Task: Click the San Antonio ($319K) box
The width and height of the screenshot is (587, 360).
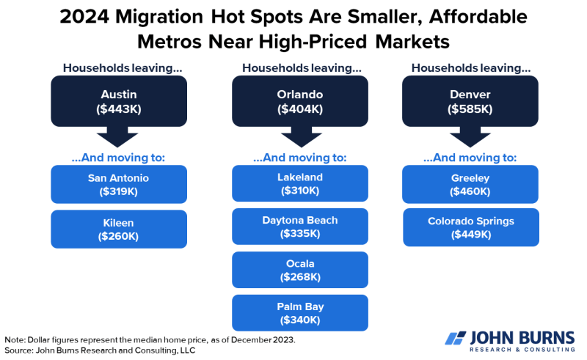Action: pyautogui.click(x=118, y=185)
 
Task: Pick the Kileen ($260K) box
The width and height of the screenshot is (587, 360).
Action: pyautogui.click(x=118, y=229)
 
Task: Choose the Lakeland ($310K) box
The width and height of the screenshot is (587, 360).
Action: pyautogui.click(x=300, y=184)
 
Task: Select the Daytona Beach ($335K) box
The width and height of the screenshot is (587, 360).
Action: pyautogui.click(x=300, y=227)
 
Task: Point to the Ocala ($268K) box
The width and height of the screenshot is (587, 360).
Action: pyautogui.click(x=300, y=270)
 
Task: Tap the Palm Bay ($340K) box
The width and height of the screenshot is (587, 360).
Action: pyautogui.click(x=300, y=313)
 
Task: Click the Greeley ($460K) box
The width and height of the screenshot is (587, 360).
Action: pyautogui.click(x=470, y=184)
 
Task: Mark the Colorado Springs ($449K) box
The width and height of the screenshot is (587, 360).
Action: pyautogui.click(x=470, y=227)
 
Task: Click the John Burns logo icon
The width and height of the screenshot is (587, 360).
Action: pyautogui.click(x=456, y=339)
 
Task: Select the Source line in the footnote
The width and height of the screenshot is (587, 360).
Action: pyautogui.click(x=100, y=350)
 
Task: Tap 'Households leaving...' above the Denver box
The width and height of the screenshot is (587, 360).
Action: pyautogui.click(x=470, y=68)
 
